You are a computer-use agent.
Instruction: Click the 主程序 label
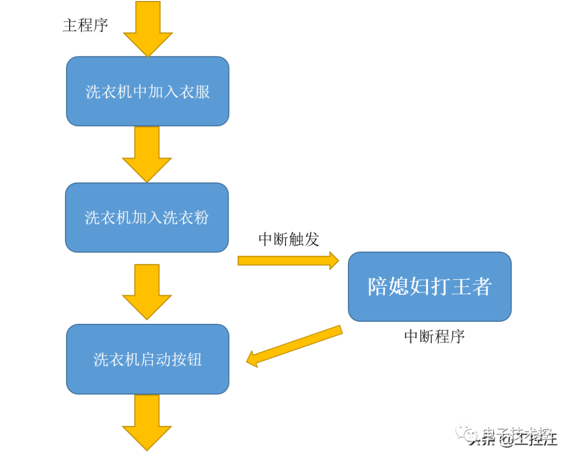pyautogui.click(x=85, y=25)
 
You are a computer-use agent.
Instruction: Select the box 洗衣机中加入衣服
pyautogui.click(x=147, y=91)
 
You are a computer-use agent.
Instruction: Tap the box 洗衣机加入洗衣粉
pyautogui.click(x=147, y=217)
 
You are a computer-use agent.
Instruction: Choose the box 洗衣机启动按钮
pyautogui.click(x=147, y=359)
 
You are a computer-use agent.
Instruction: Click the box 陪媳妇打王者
pyautogui.click(x=430, y=286)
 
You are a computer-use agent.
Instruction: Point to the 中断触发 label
pyautogui.click(x=289, y=239)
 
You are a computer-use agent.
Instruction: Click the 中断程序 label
pyautogui.click(x=434, y=336)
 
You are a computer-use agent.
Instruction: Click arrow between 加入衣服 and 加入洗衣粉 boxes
pyautogui.click(x=147, y=154)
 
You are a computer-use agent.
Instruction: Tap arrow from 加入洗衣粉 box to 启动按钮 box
pyautogui.click(x=147, y=291)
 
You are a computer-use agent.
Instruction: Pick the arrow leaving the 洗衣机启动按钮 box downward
pyautogui.click(x=147, y=422)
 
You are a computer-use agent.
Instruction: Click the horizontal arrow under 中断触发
pyautogui.click(x=288, y=260)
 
